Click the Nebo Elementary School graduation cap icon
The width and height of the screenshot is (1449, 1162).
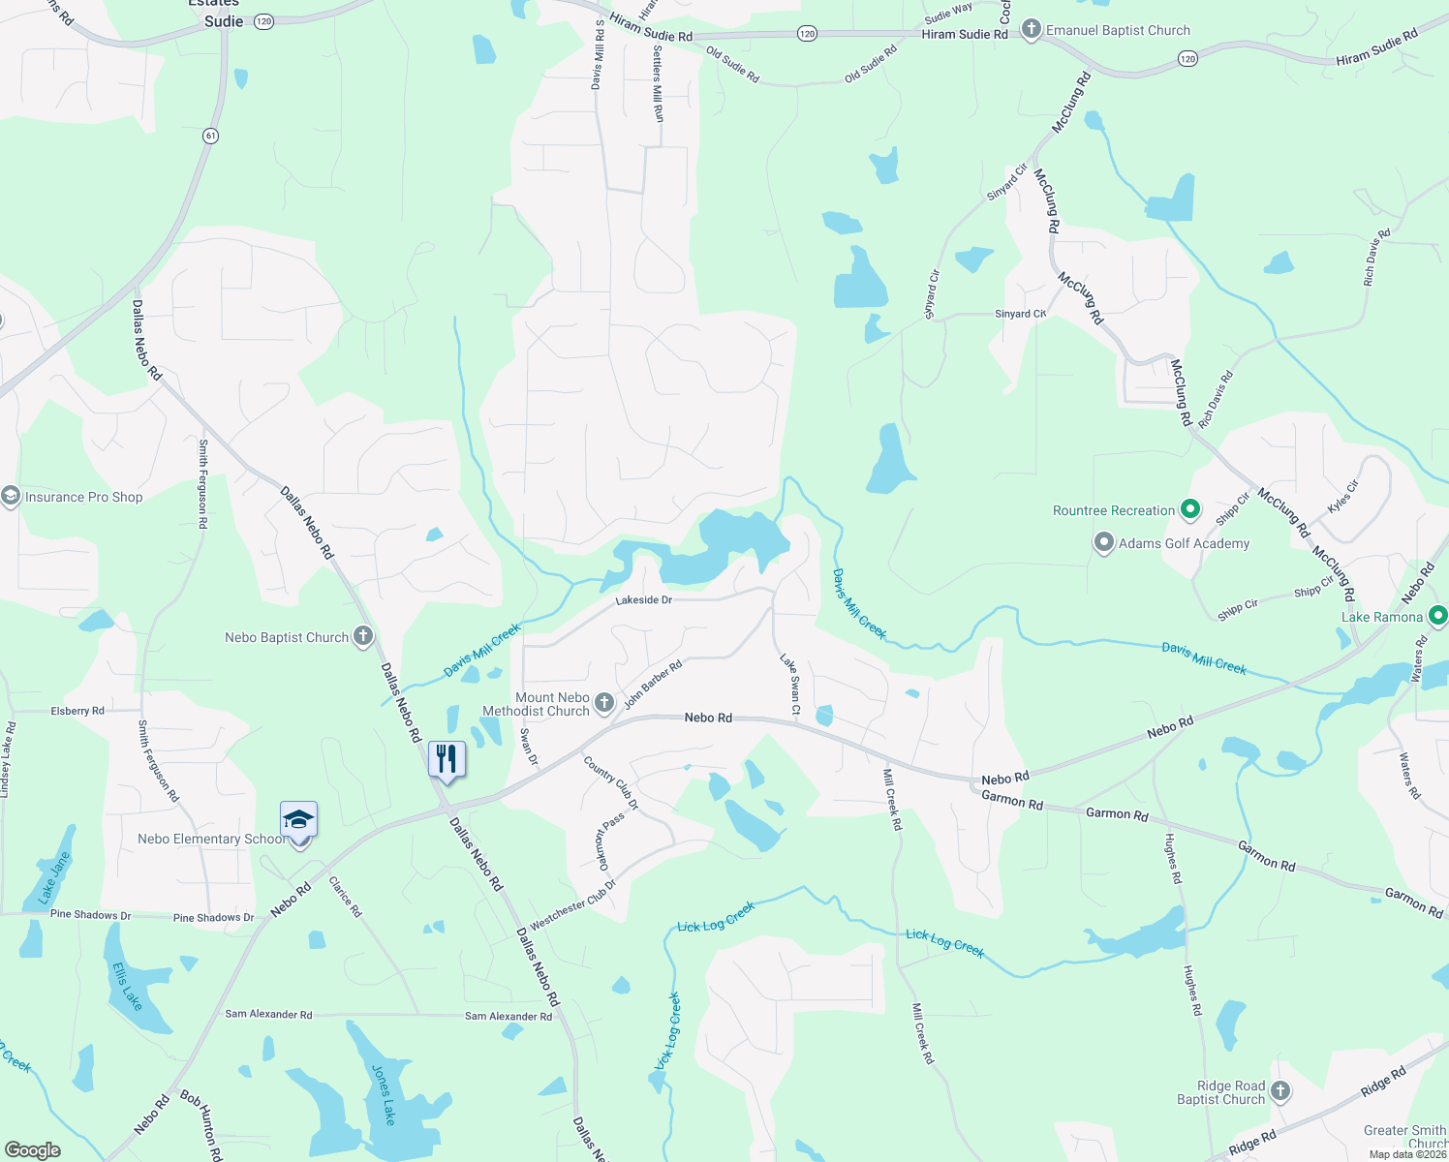coord(298,820)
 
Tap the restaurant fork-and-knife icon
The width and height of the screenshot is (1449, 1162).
coord(447,758)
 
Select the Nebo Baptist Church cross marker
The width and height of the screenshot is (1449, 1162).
coord(363,636)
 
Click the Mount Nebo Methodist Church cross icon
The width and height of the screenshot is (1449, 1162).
coord(604,703)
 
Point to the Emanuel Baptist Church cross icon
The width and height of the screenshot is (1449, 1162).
coord(1032,30)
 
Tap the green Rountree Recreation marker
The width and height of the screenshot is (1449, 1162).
coord(1190,509)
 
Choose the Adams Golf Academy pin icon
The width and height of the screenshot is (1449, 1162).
coord(1104,542)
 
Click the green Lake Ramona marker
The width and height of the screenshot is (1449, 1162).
coord(1438,615)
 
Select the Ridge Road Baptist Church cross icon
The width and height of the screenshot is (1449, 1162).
coord(1280,1091)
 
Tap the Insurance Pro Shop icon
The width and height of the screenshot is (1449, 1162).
coord(11,497)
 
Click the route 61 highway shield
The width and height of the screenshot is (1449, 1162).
coord(210,136)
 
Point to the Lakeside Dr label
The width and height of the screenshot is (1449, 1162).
coord(643,600)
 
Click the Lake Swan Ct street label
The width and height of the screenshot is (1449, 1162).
coord(790,684)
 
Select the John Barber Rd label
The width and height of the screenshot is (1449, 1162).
coord(653,685)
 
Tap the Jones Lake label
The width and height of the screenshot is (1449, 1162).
coord(384,1095)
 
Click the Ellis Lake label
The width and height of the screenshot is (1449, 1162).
coord(127,986)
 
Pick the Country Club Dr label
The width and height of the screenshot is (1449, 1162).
coord(611,782)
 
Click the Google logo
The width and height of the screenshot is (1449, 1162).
coord(33,1149)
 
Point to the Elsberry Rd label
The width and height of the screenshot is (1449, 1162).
coord(77,711)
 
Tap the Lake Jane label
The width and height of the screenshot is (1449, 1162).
coord(54,878)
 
